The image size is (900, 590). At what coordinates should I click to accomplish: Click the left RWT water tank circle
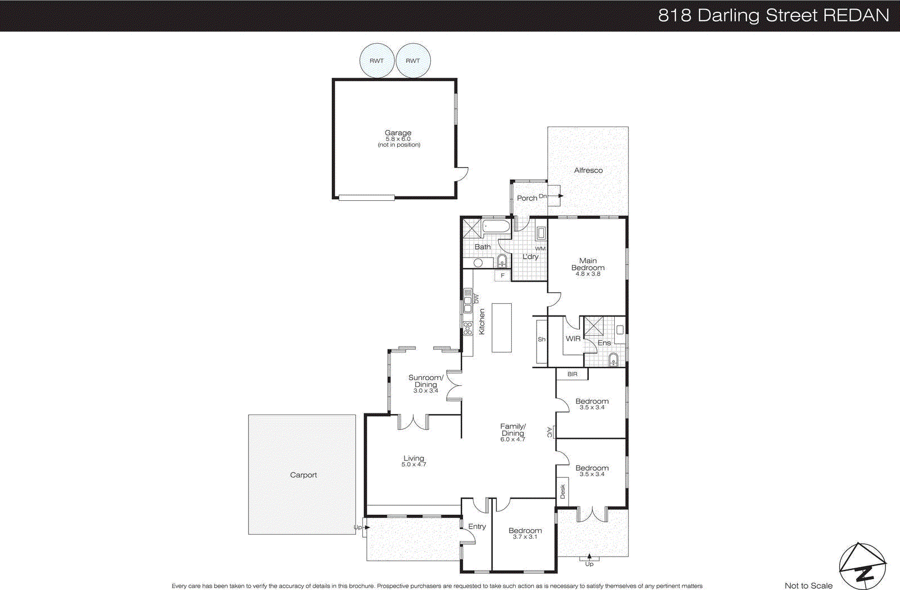tap(377, 61)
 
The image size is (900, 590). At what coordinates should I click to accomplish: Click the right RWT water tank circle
tap(413, 61)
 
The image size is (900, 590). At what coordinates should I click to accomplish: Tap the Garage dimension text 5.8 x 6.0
tap(398, 139)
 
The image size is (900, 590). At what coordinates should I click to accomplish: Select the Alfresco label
tap(588, 170)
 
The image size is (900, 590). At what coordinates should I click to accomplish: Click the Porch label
tap(527, 198)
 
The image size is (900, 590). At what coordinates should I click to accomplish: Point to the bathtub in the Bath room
tap(496, 227)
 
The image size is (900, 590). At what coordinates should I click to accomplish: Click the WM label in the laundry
tap(540, 249)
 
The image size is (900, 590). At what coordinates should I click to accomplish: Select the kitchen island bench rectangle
tap(502, 327)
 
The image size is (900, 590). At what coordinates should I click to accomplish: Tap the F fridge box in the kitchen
tap(502, 276)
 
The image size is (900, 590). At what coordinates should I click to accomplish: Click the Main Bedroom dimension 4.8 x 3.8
tap(588, 274)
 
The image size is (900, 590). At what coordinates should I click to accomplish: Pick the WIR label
tap(573, 339)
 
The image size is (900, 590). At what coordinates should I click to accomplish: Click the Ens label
tap(604, 343)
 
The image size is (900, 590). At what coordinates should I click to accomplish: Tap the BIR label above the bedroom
tap(572, 374)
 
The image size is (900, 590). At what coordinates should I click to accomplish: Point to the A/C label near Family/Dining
tap(550, 432)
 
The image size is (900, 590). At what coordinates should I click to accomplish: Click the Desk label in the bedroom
tap(562, 492)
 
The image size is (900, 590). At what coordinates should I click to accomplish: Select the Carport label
tap(303, 475)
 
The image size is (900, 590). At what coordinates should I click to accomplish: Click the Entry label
tap(477, 526)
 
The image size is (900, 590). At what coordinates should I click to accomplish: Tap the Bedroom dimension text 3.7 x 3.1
tap(525, 537)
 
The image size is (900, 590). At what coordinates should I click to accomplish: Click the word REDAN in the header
tap(856, 15)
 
